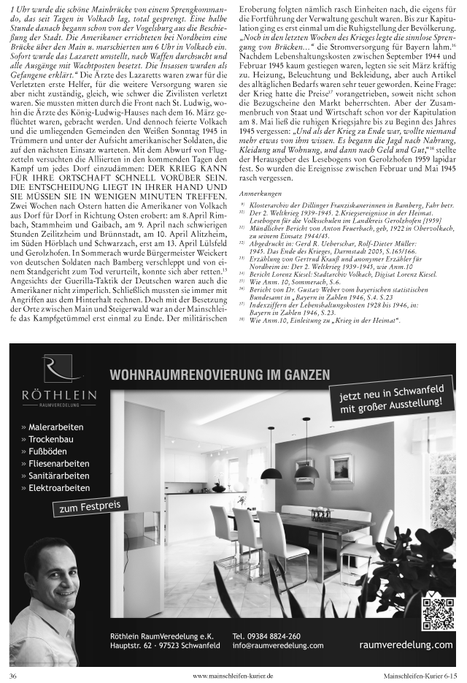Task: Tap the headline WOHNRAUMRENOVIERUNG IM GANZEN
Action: (x=219, y=375)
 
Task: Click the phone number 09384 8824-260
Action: (x=266, y=636)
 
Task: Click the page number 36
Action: (x=14, y=676)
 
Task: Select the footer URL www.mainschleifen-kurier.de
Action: (x=233, y=676)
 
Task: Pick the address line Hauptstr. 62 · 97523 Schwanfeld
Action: (x=165, y=646)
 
